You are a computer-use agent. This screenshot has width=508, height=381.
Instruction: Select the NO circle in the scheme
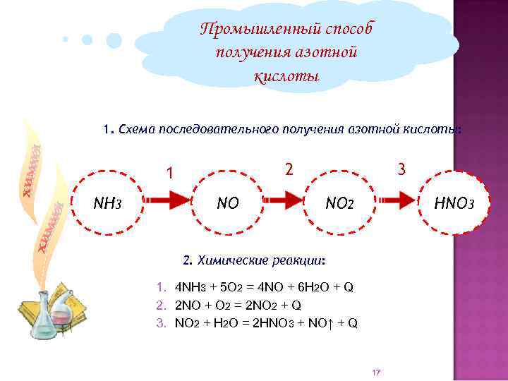228,204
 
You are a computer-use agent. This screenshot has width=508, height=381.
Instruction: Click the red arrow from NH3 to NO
168,202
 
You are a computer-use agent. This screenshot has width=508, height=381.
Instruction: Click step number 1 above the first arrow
169,173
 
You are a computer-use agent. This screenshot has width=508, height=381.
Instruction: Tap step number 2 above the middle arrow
289,169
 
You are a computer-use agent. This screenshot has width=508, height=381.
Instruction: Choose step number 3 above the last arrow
401,169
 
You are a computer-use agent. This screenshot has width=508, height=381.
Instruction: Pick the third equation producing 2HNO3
258,323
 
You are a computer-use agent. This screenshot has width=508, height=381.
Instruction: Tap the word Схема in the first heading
138,130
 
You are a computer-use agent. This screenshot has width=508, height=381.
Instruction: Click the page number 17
375,372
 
